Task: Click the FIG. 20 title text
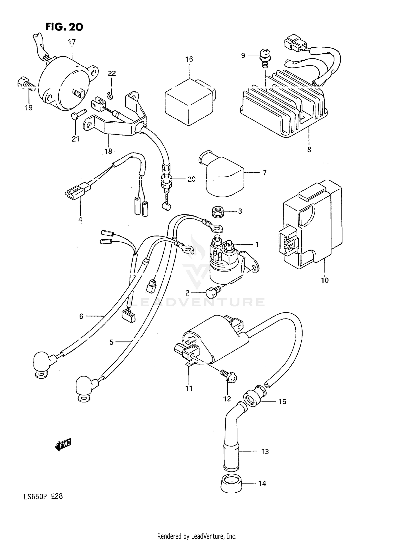pyautogui.click(x=64, y=27)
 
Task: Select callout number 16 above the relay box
pyautogui.click(x=189, y=59)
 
